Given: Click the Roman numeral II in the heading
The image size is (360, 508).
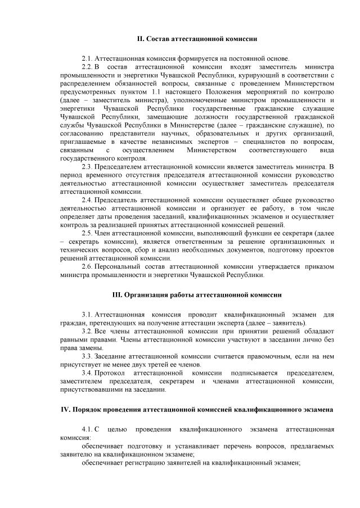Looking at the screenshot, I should tap(141, 39).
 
